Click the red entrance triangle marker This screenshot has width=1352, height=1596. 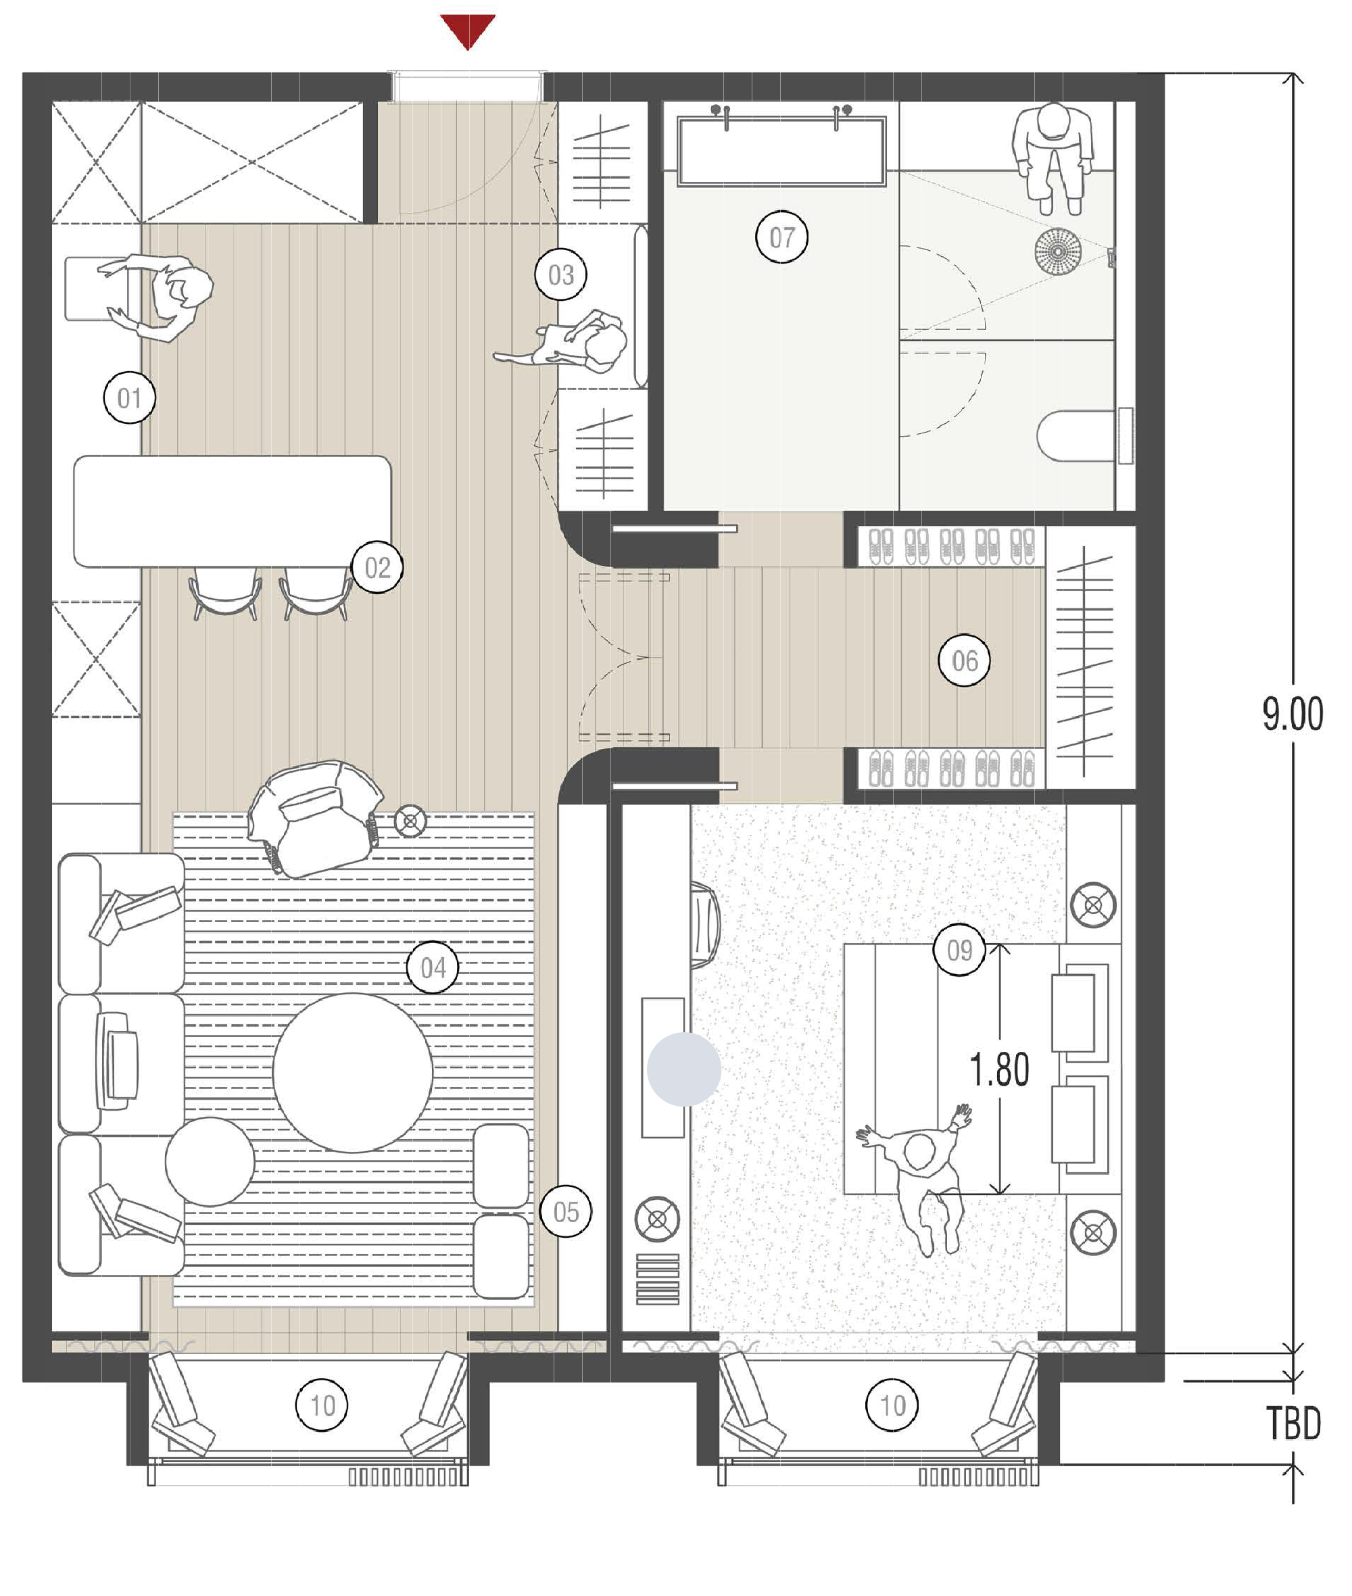(468, 30)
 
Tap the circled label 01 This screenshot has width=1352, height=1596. (130, 398)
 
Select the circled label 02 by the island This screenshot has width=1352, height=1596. (377, 568)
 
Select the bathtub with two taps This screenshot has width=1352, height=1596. (781, 151)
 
